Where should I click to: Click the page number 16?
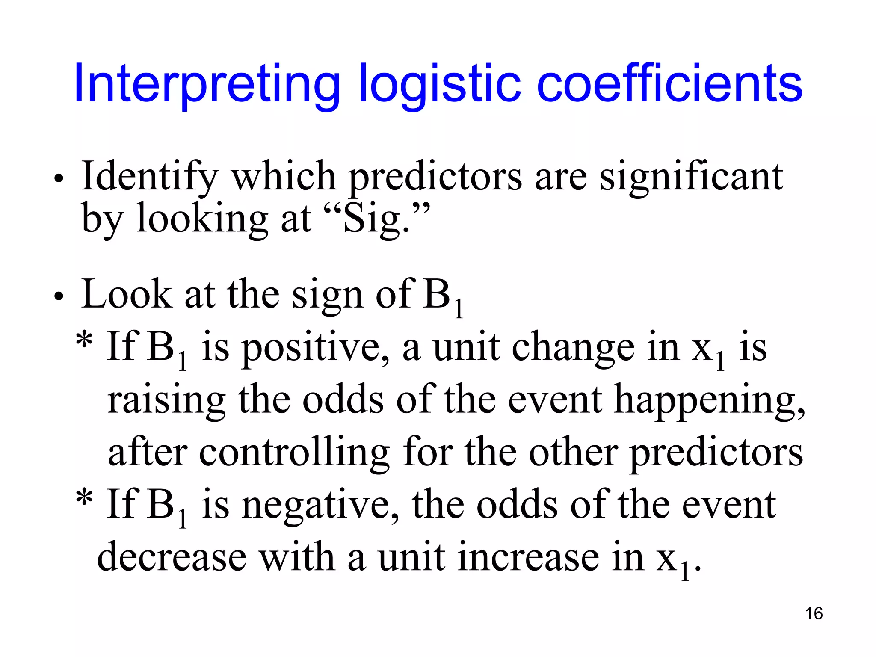(x=814, y=613)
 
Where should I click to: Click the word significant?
(x=691, y=176)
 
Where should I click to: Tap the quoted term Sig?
(x=376, y=219)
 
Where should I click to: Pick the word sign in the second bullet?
(x=327, y=295)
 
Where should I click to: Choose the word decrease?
(x=172, y=557)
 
